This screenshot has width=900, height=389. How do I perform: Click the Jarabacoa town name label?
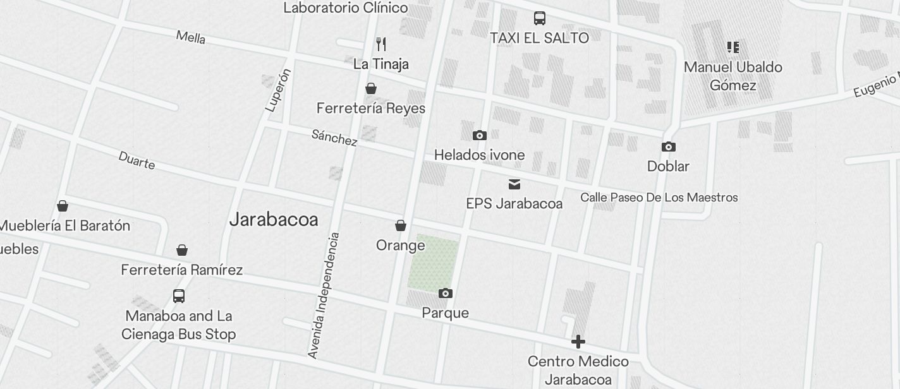coord(274,220)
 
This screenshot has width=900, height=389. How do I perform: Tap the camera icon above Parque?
coord(446,294)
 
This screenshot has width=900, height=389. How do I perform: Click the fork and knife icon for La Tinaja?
coord(380,44)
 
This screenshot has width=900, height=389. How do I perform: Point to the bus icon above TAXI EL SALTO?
coord(540,18)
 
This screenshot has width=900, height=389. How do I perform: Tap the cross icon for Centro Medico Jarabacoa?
coord(578,342)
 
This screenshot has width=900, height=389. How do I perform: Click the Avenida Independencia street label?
coord(324,296)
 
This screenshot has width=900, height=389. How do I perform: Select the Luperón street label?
coord(279,90)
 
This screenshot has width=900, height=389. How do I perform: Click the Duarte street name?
coord(137,160)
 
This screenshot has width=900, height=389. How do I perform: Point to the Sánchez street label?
coord(334,138)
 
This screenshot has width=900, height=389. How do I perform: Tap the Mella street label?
coord(191,37)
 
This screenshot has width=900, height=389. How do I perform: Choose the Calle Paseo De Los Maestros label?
coord(659,198)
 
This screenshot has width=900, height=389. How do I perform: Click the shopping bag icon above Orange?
coord(400,225)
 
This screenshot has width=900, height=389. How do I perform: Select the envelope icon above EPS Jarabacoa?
coord(514,184)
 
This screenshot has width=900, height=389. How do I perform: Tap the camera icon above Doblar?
coord(668,147)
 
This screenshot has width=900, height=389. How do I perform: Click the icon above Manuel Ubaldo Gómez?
coord(733,47)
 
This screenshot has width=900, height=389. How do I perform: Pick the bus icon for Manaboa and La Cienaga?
coord(179,296)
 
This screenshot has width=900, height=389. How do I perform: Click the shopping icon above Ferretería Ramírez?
coord(182,250)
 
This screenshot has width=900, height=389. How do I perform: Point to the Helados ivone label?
coord(479,155)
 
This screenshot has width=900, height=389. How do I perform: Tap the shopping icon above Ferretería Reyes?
coord(371,88)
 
